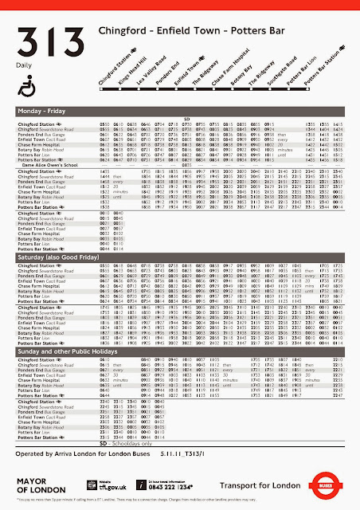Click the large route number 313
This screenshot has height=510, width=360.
46,39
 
